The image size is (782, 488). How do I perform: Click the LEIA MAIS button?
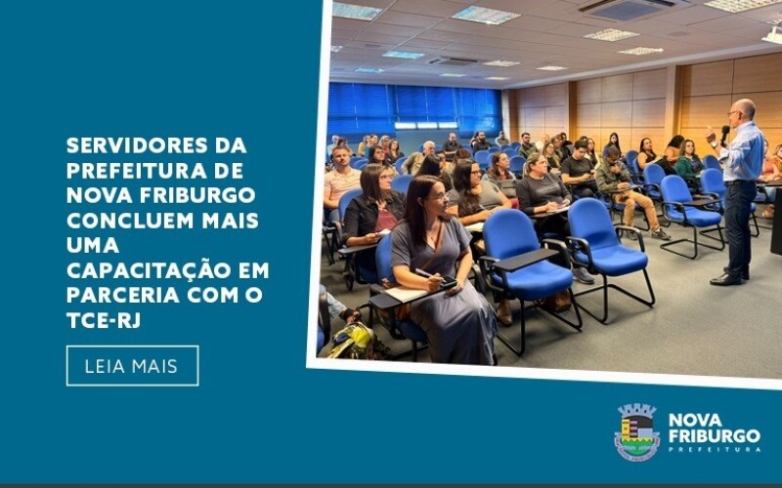132,366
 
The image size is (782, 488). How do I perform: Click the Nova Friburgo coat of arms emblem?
636,432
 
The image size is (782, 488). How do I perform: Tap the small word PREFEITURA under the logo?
714,449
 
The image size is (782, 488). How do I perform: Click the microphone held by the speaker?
725,132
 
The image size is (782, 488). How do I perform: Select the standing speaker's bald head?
745,109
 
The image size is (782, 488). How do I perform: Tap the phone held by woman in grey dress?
448,284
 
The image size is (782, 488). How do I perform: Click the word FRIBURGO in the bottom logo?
714,435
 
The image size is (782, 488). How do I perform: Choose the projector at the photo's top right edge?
772,35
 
